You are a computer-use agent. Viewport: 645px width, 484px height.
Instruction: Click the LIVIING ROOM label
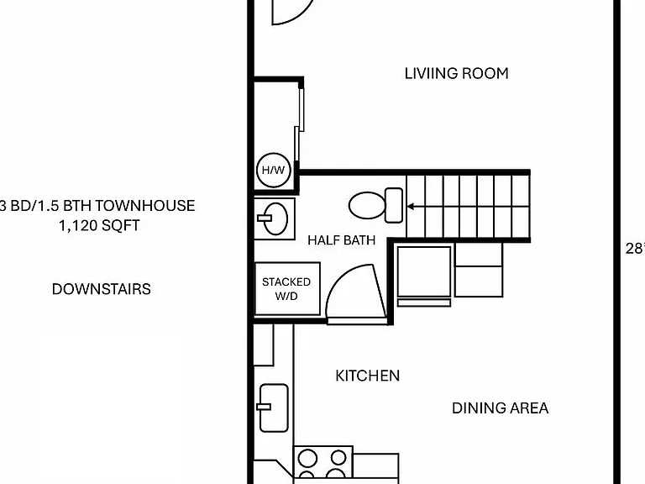point(456,74)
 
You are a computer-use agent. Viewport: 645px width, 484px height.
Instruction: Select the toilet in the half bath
point(375,205)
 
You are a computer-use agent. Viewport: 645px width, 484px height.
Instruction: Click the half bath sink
point(273,218)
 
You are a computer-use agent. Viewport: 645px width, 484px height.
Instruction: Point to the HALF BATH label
point(342,240)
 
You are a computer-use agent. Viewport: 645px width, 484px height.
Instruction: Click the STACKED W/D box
point(287,289)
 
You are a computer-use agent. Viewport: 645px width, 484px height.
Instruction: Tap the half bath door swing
point(356,292)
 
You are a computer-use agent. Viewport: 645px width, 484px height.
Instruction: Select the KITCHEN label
point(367,376)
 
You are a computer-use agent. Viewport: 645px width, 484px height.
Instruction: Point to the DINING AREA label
point(500,408)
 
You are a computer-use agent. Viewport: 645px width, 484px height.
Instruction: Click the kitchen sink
point(274,408)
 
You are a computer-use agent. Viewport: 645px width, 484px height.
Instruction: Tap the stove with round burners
point(322,464)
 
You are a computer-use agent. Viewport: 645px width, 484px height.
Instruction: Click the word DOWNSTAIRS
point(101,289)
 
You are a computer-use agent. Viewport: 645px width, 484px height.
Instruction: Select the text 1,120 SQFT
point(99,225)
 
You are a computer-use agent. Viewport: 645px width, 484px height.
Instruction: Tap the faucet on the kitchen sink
point(264,407)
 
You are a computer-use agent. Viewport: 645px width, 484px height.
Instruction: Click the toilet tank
point(394,205)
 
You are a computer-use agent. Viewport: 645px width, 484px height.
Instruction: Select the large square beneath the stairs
point(423,271)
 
